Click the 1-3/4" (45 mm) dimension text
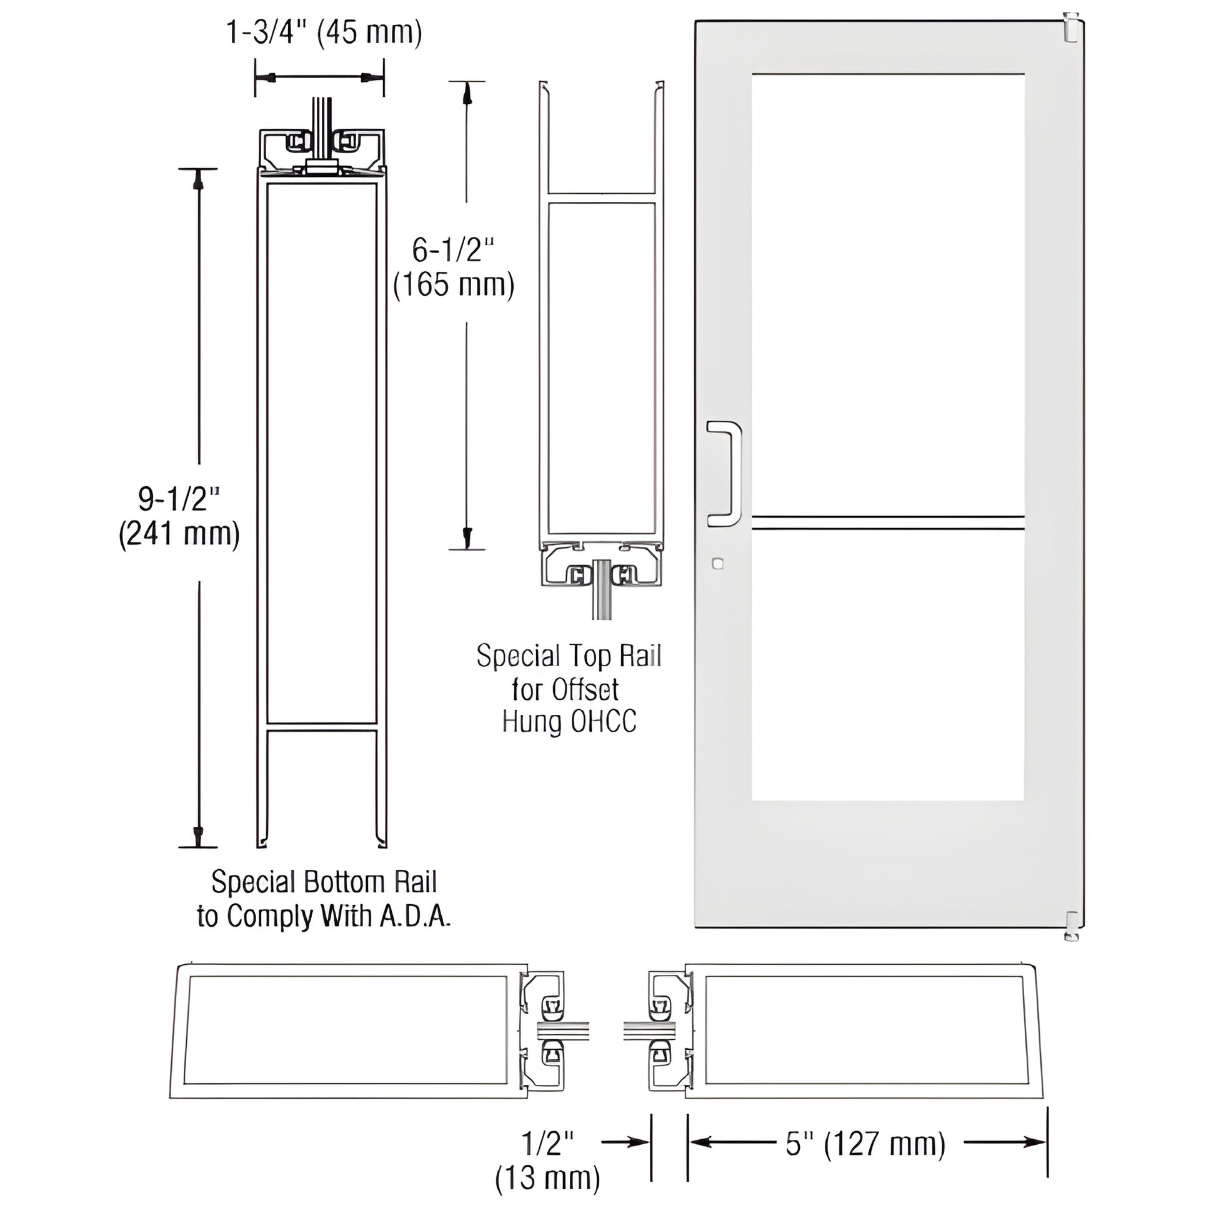click(324, 32)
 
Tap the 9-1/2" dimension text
click(179, 499)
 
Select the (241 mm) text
click(179, 534)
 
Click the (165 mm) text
click(453, 285)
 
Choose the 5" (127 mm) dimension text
click(865, 1144)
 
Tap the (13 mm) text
click(547, 1179)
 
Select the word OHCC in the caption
click(604, 722)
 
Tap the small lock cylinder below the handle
click(717, 563)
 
